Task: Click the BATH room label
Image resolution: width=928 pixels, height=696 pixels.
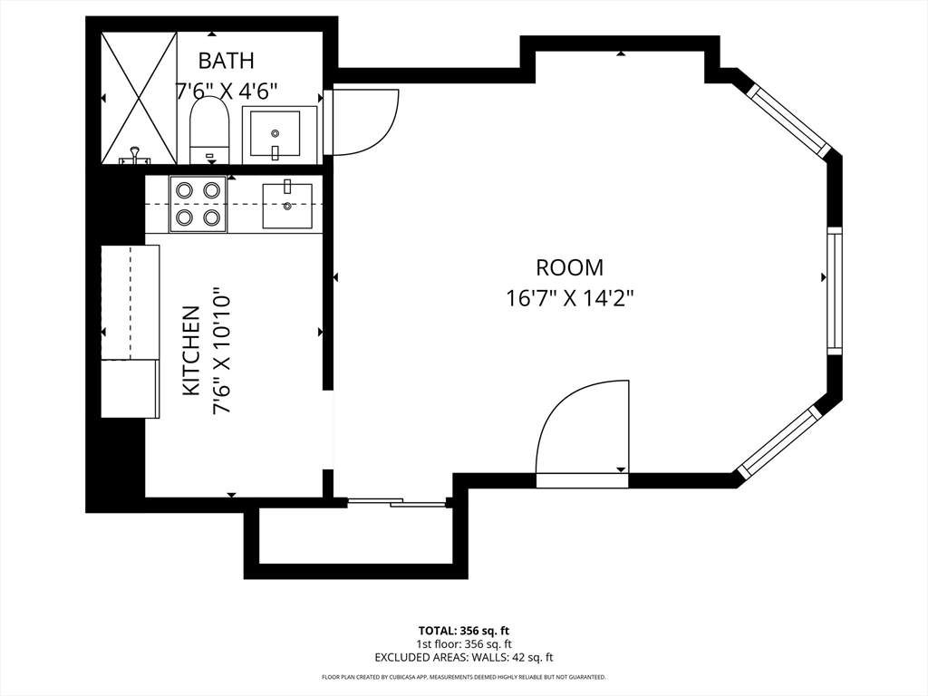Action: click(226, 61)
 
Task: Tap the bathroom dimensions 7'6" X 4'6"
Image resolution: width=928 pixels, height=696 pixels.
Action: click(226, 91)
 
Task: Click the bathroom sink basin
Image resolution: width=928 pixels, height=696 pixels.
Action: click(274, 134)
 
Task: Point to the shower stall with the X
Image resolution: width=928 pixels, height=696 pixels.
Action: click(138, 98)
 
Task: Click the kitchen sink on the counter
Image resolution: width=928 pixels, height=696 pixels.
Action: click(287, 206)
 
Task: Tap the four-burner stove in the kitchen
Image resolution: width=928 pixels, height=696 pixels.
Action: click(198, 204)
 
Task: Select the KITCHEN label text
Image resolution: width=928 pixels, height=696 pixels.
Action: click(191, 351)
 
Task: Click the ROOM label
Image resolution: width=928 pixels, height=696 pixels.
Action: click(569, 267)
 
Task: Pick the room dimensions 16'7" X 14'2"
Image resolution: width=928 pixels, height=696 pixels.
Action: click(569, 298)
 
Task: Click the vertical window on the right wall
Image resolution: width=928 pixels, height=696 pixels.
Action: click(834, 290)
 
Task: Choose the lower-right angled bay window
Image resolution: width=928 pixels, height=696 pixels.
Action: click(779, 441)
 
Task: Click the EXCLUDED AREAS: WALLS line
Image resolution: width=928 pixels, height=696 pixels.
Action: click(463, 657)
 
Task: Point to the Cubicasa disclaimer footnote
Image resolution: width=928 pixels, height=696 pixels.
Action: click(463, 677)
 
